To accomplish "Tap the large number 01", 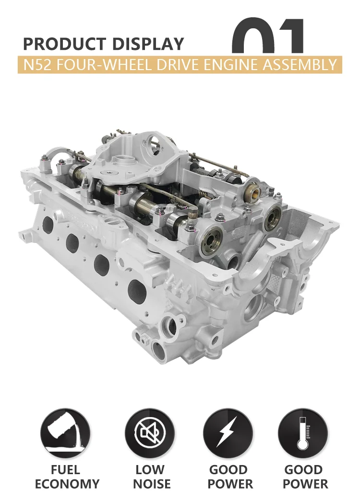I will tap(269, 36).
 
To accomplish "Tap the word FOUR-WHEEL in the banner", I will tap(104, 65).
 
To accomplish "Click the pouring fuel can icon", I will tap(65, 430).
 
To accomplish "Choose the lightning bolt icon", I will tap(228, 430).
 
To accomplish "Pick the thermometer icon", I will tap(302, 430).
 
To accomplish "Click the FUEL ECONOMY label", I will tap(67, 477).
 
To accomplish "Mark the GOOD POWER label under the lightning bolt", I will tap(228, 477).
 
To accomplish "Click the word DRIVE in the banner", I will tap(181, 65).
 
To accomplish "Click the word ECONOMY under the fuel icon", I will tap(67, 484).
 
